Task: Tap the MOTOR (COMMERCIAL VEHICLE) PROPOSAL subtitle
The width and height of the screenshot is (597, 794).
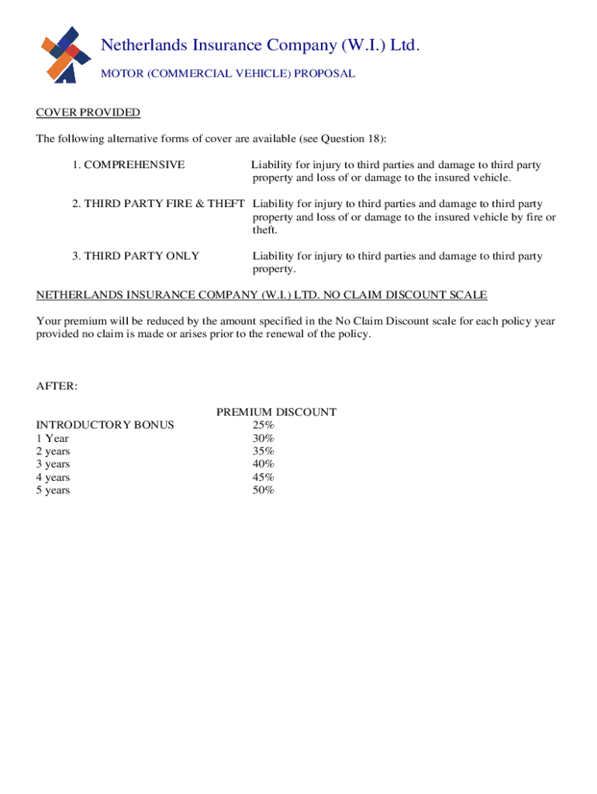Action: pos(228,74)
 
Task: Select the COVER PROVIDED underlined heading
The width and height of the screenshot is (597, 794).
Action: pos(88,113)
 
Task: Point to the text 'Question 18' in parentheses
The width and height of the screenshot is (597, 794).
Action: pos(350,139)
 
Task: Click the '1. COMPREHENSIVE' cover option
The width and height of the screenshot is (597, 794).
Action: pos(129,164)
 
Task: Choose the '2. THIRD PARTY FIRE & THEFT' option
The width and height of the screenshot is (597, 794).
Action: pos(158,204)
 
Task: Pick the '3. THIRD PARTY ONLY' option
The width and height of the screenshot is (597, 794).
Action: pos(136,256)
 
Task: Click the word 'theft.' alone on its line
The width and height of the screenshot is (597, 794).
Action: pos(265,230)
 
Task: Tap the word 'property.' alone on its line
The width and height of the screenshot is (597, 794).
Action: pos(274,269)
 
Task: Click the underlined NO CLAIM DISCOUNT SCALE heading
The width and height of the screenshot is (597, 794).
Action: pos(262,295)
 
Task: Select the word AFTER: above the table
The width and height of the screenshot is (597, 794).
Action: pos(57,386)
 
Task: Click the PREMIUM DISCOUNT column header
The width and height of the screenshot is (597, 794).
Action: pos(276,413)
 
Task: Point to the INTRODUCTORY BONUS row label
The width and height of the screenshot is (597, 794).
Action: pos(105,425)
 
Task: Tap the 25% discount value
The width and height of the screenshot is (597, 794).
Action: pos(263,425)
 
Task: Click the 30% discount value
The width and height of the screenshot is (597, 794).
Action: pos(263,438)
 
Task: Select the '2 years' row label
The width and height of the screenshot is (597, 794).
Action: pos(53,451)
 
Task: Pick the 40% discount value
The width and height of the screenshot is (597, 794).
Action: pos(263,464)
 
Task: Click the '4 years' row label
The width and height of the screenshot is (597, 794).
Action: pos(53,478)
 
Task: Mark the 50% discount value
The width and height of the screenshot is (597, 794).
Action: pos(263,490)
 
